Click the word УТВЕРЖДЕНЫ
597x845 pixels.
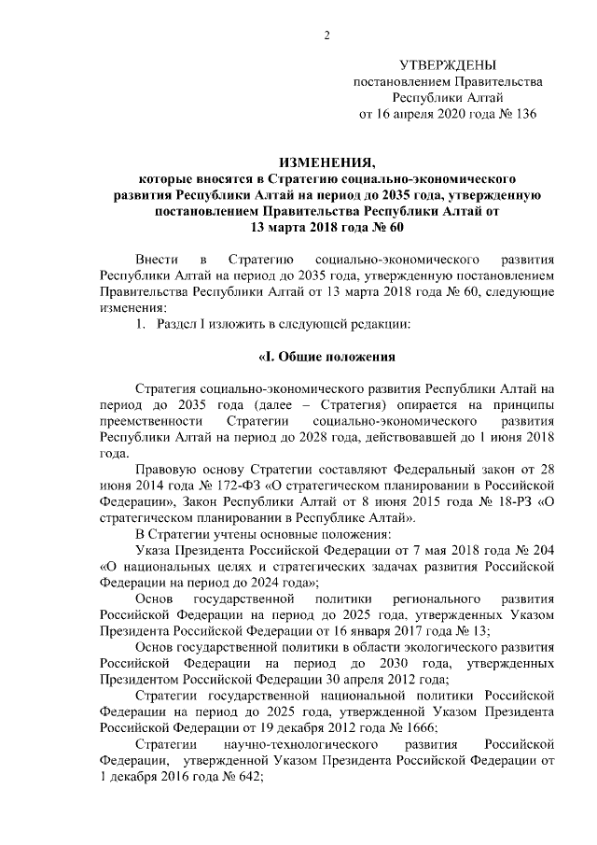point(448,65)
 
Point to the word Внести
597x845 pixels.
point(155,257)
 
